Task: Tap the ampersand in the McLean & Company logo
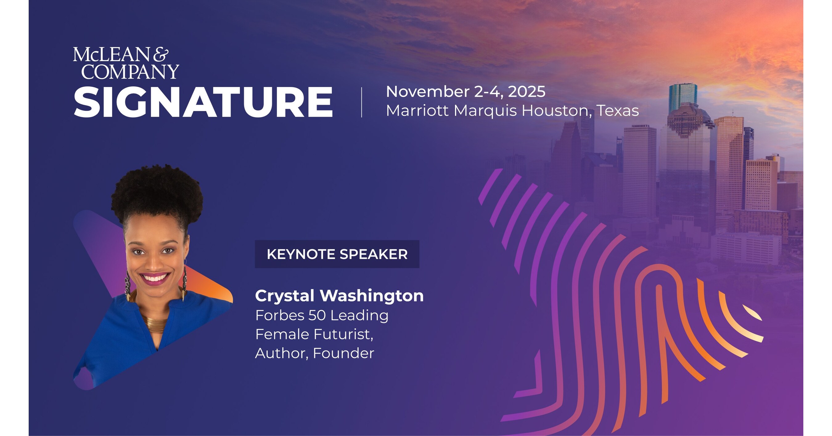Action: (x=161, y=55)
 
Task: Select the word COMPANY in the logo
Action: (x=130, y=72)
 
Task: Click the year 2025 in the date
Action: (x=527, y=92)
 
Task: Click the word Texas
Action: (x=617, y=111)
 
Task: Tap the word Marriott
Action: (x=417, y=111)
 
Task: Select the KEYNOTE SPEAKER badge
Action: (x=337, y=254)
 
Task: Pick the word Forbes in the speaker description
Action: (x=280, y=315)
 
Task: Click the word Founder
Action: (x=343, y=353)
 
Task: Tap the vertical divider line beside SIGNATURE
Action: (x=361, y=102)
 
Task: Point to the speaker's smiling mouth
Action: (x=155, y=278)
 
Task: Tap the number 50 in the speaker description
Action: (x=317, y=315)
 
